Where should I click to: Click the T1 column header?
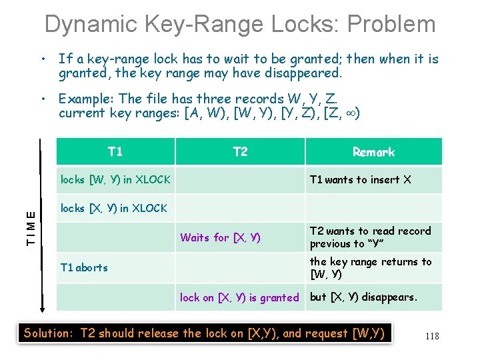pos(115,151)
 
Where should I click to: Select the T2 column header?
pos(240,151)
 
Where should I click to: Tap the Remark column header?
pos(373,152)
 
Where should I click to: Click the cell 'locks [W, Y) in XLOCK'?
pos(115,179)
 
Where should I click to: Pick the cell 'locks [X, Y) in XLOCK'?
pos(114,208)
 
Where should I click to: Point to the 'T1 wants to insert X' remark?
pos(361,179)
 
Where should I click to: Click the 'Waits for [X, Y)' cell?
pos(220,237)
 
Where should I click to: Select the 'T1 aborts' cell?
pos(84,267)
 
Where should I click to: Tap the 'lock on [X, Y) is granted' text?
pos(239,297)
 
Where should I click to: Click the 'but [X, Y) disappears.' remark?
pos(363,297)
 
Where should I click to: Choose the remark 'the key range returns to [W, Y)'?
pos(371,267)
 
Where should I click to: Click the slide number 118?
pos(432,336)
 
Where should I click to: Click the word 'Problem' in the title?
pos(391,25)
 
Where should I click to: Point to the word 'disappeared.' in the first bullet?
pos(306,73)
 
